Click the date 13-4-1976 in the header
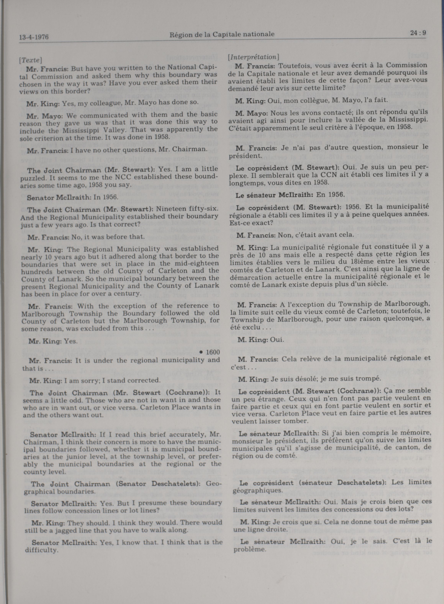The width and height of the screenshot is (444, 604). click(34, 37)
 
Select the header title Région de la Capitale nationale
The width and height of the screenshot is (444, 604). click(222, 34)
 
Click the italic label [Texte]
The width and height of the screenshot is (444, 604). click(30, 60)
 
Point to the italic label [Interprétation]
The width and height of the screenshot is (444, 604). click(253, 57)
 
